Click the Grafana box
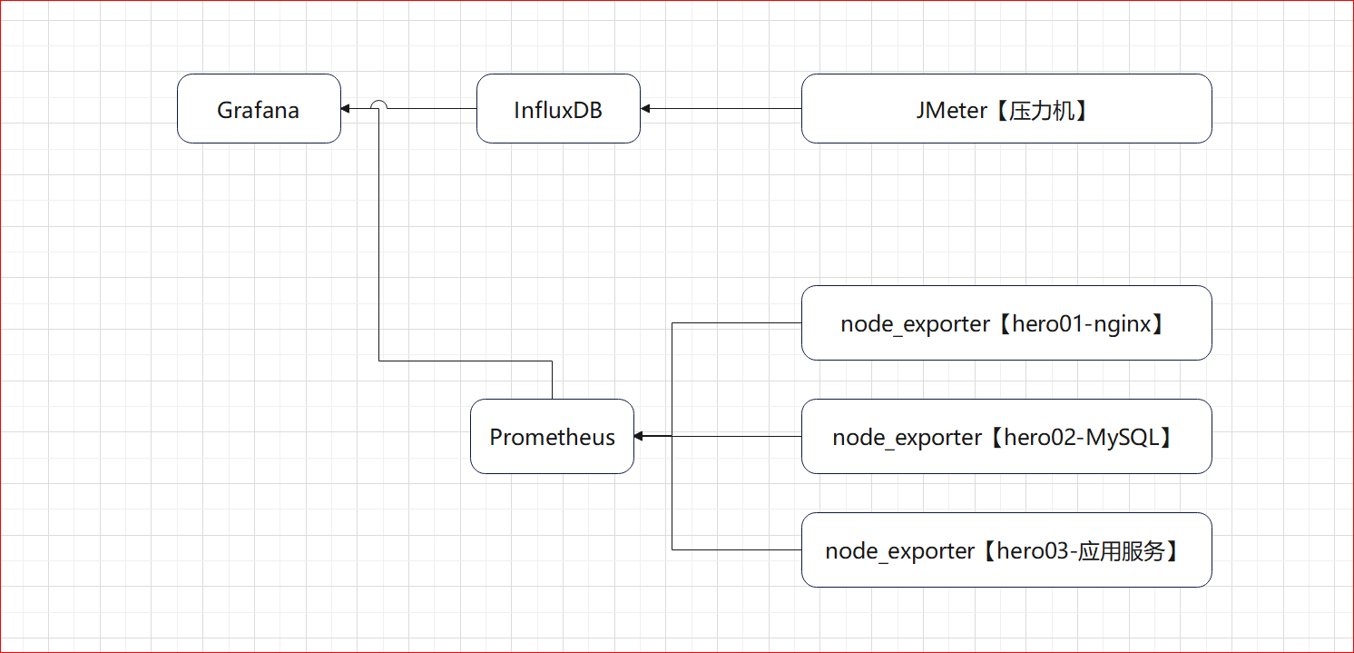tap(259, 109)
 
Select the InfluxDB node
tap(558, 109)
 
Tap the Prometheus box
tap(552, 436)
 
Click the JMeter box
tap(1006, 109)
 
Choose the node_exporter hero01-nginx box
tap(1006, 323)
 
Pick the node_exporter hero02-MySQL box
tap(1006, 436)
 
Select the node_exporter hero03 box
tap(1006, 550)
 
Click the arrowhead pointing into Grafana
tap(345, 109)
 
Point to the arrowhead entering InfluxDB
tap(645, 109)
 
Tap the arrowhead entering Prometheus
tap(638, 436)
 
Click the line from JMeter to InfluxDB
tap(721, 109)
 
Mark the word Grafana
tap(258, 110)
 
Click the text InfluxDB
tap(558, 110)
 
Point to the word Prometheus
tap(552, 437)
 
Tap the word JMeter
tap(951, 110)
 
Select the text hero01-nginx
tap(1082, 324)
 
